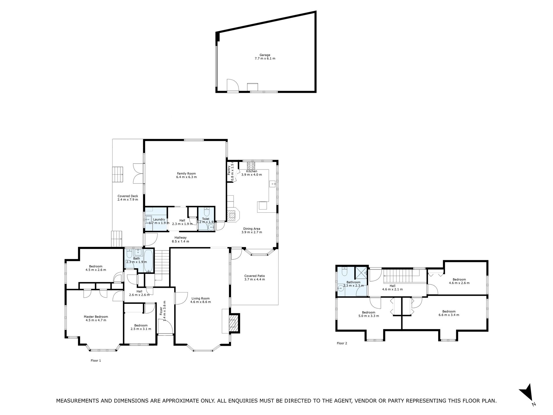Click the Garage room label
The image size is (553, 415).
[x=265, y=56]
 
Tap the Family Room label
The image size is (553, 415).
[x=186, y=175]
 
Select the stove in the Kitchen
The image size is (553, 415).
[x=251, y=165]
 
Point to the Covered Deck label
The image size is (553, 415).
[x=128, y=198]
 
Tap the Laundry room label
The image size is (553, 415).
[x=159, y=221]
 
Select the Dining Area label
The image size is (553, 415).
[x=252, y=230]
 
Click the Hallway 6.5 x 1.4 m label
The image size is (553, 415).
[x=180, y=239]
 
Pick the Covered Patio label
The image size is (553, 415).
[x=255, y=278]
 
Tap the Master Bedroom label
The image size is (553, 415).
[x=96, y=318]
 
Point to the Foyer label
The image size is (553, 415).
[x=163, y=313]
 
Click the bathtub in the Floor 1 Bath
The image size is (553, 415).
[x=149, y=261]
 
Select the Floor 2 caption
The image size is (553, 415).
[x=342, y=343]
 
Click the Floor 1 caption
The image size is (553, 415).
[x=96, y=361]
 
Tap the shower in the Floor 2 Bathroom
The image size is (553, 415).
[x=361, y=272]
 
